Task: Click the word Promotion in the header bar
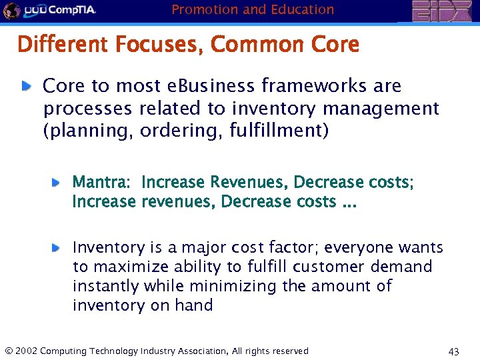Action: pos(201,9)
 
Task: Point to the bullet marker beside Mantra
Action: pos(57,181)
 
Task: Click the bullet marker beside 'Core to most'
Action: pos(26,85)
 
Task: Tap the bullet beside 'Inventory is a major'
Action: pos(57,247)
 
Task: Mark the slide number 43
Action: pos(454,351)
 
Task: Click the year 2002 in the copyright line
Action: pos(26,351)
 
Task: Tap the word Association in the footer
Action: pos(200,351)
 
